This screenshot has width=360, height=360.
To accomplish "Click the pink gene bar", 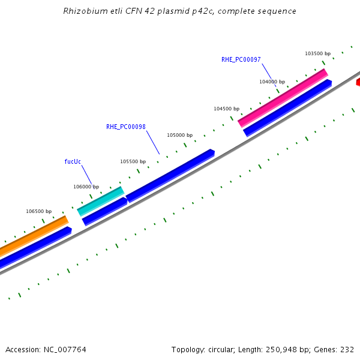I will coord(283,98).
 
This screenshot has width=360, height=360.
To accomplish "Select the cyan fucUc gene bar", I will coord(100,201).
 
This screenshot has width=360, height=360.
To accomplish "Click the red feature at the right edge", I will coord(358,82).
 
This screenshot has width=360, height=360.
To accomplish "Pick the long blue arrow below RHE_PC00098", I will coord(170,175).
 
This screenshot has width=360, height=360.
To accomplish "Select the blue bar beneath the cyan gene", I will coord(104,211).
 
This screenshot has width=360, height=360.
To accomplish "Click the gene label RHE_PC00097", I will coord(241,59).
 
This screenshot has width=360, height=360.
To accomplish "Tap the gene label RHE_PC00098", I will coord(126,127).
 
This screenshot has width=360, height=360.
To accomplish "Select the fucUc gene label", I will coord(73,161).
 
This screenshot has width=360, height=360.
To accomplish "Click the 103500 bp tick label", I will coord(317,53).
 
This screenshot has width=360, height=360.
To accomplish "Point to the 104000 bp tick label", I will coord(272,82).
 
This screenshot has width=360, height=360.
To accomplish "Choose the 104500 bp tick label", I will coord(226,109).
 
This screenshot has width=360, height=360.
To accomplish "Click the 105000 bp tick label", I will coord(179,135).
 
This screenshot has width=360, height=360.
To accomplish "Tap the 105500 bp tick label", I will coord(133,161).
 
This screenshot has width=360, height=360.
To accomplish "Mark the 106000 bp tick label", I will coord(86,187).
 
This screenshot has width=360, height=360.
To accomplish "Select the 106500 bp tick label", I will coord(38,211).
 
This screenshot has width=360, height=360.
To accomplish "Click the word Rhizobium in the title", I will coord(82,11).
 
